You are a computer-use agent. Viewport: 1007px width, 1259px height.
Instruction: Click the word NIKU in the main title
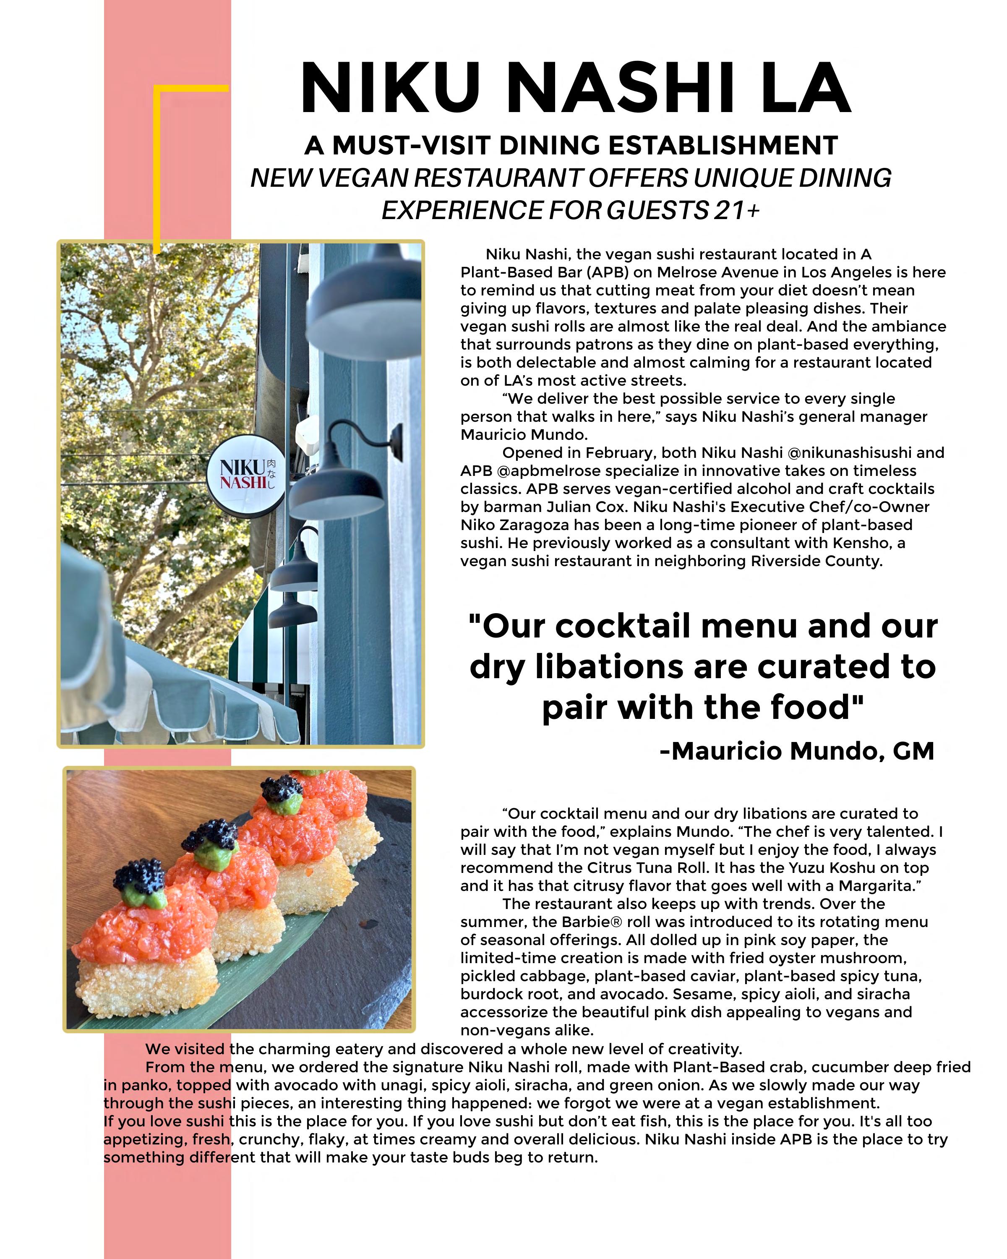(390, 88)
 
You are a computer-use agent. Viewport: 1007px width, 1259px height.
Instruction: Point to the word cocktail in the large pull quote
(623, 626)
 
